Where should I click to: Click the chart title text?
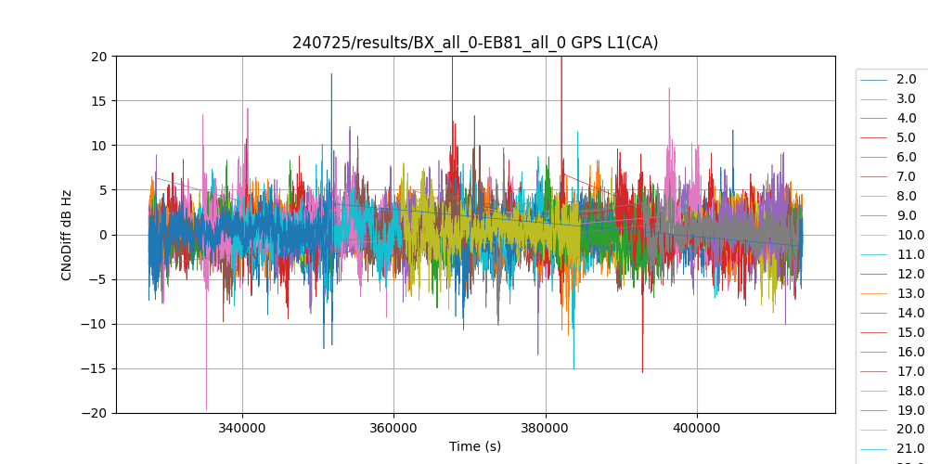pyautogui.click(x=475, y=43)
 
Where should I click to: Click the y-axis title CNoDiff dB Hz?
pyautogui.click(x=67, y=235)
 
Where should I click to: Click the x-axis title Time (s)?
pyautogui.click(x=475, y=446)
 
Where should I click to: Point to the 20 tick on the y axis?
pyautogui.click(x=99, y=56)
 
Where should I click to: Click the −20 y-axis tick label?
pyautogui.click(x=95, y=413)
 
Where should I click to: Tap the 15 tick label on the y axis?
pyautogui.click(x=99, y=100)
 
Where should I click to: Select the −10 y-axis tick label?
pyautogui.click(x=95, y=324)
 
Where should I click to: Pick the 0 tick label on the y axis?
pyautogui.click(x=103, y=235)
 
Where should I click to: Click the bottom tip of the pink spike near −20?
pyautogui.click(x=206, y=409)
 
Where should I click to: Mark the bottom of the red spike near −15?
pyautogui.click(x=642, y=372)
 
